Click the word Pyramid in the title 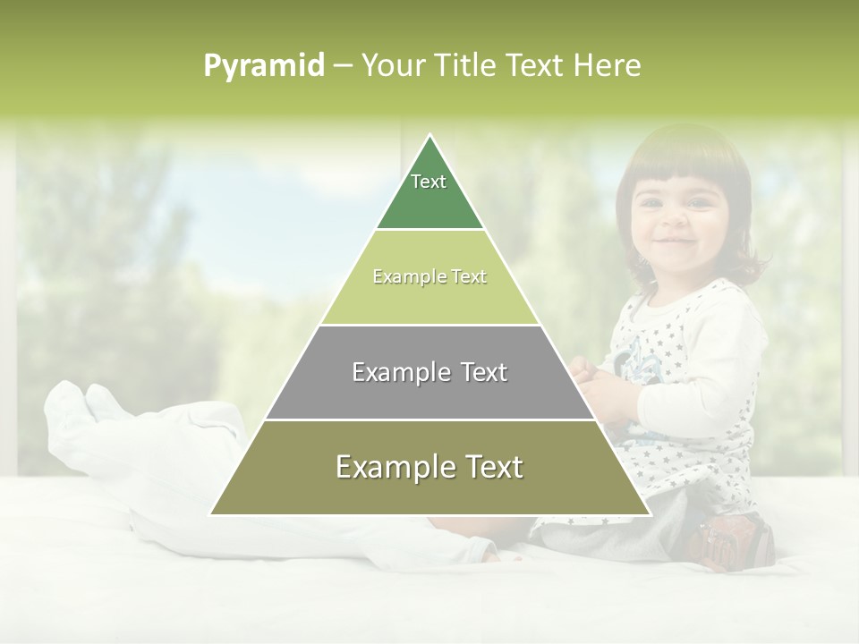(263, 66)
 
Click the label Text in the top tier (429, 182)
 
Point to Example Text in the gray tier (429, 372)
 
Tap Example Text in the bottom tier (429, 467)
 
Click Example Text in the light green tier (429, 276)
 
